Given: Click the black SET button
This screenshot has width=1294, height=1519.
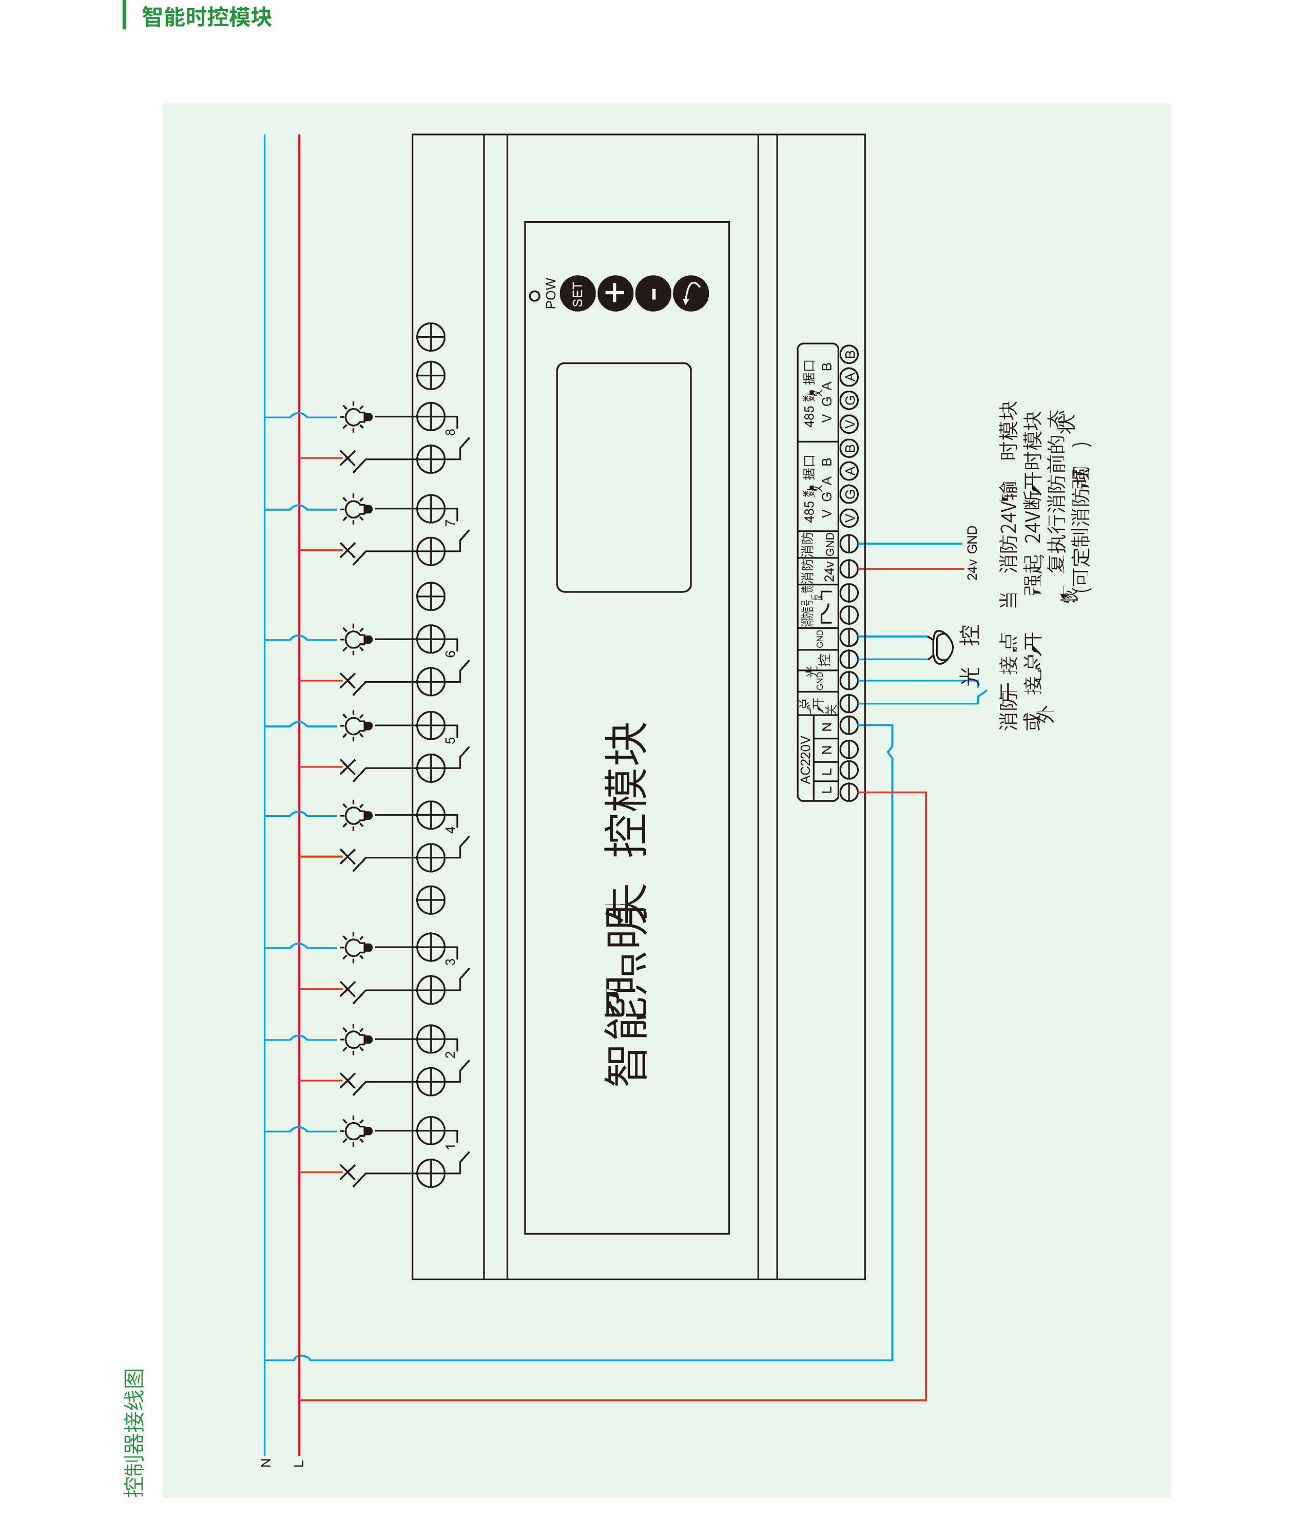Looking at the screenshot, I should pyautogui.click(x=577, y=294).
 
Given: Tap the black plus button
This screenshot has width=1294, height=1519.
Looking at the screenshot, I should pyautogui.click(x=614, y=293).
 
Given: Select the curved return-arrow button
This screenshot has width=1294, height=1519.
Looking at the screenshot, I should pyautogui.click(x=690, y=293).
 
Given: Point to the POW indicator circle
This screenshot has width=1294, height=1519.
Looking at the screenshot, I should pyautogui.click(x=534, y=296).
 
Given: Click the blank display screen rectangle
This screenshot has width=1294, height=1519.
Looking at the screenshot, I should pyautogui.click(x=623, y=477).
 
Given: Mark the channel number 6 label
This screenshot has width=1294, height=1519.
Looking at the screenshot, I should pyautogui.click(x=450, y=653).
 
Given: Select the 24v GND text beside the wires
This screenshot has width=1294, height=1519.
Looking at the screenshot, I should pyautogui.click(x=972, y=553).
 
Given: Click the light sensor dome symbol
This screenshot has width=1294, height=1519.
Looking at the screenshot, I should pyautogui.click(x=941, y=647).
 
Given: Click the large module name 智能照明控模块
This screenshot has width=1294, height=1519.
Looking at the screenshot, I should pyautogui.click(x=626, y=902).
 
